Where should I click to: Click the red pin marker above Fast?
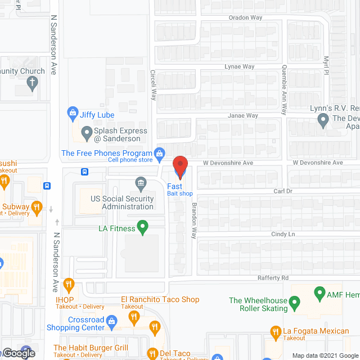(179, 165)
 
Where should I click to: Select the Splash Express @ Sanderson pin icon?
(87, 134)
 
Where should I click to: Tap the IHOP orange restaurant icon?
(69, 284)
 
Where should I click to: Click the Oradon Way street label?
(245, 17)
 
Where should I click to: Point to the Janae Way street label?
(242, 115)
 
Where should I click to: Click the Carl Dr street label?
(283, 191)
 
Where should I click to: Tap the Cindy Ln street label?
(283, 234)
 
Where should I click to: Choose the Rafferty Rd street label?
(273, 277)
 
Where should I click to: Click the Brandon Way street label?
(193, 220)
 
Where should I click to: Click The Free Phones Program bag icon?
(160, 153)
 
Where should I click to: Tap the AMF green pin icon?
(319, 293)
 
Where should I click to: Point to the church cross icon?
(33, 85)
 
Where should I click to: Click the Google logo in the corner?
(18, 353)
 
